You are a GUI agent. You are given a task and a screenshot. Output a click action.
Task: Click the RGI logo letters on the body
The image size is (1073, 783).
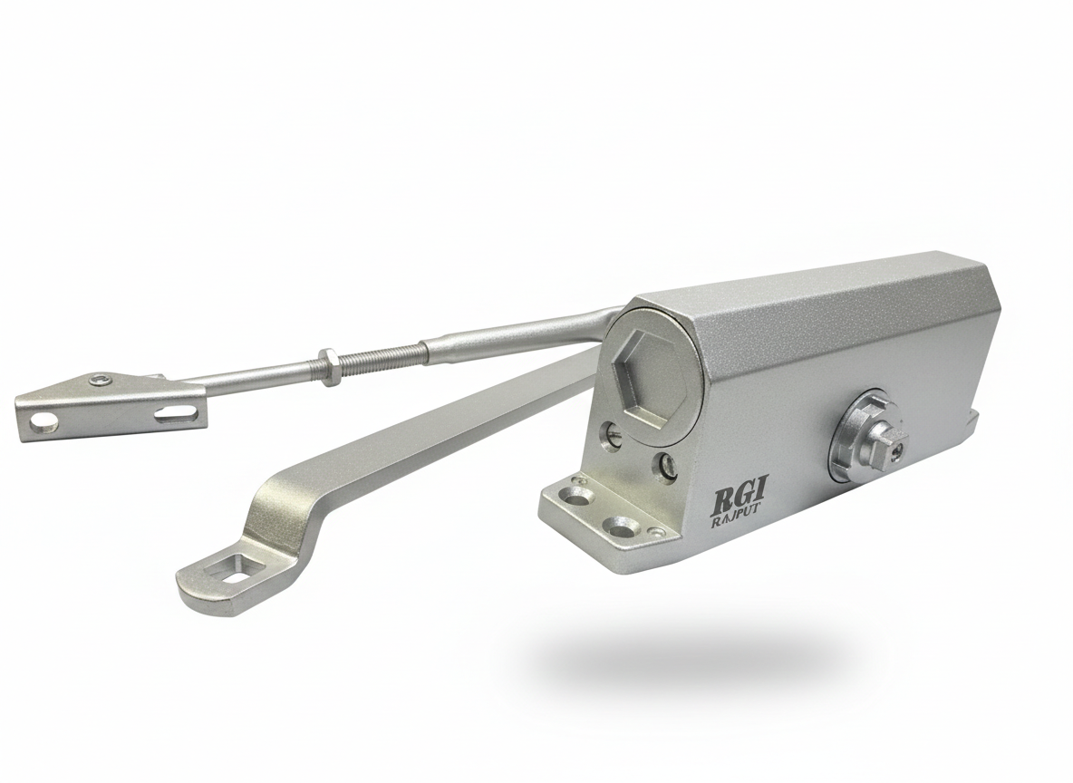(x=738, y=498)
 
